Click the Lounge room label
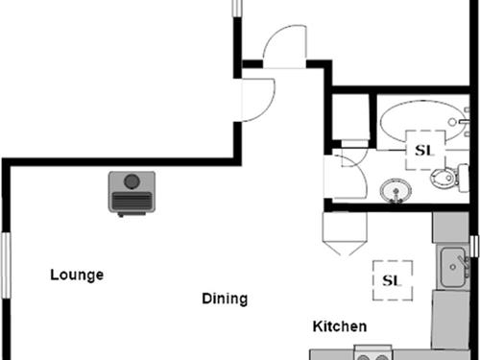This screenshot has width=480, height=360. click(x=77, y=275)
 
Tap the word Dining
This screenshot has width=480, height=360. click(x=225, y=298)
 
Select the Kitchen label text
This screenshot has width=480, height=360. click(x=339, y=326)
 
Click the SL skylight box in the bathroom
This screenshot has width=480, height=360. click(x=423, y=150)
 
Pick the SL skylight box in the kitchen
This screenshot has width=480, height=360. click(x=392, y=280)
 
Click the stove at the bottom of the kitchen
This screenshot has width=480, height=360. click(x=374, y=353)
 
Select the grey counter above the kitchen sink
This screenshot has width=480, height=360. click(x=448, y=228)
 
